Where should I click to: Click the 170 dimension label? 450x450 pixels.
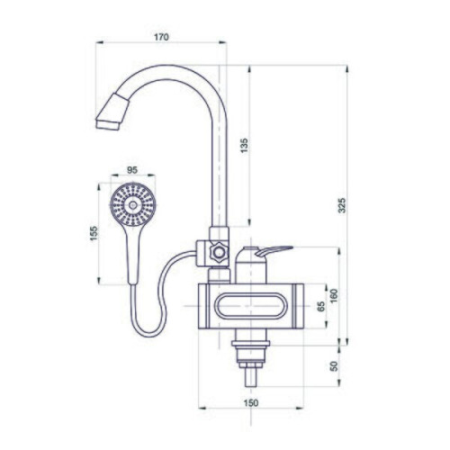(161, 37)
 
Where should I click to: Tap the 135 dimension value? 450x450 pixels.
(245, 145)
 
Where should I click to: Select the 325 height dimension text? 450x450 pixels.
(342, 205)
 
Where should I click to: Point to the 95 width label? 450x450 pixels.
(132, 170)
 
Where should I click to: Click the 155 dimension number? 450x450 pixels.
(94, 233)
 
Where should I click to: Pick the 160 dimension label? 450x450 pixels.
(333, 295)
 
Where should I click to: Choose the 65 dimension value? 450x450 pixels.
(321, 306)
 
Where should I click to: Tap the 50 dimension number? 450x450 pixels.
(334, 366)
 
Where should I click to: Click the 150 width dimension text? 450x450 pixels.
(251, 402)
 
